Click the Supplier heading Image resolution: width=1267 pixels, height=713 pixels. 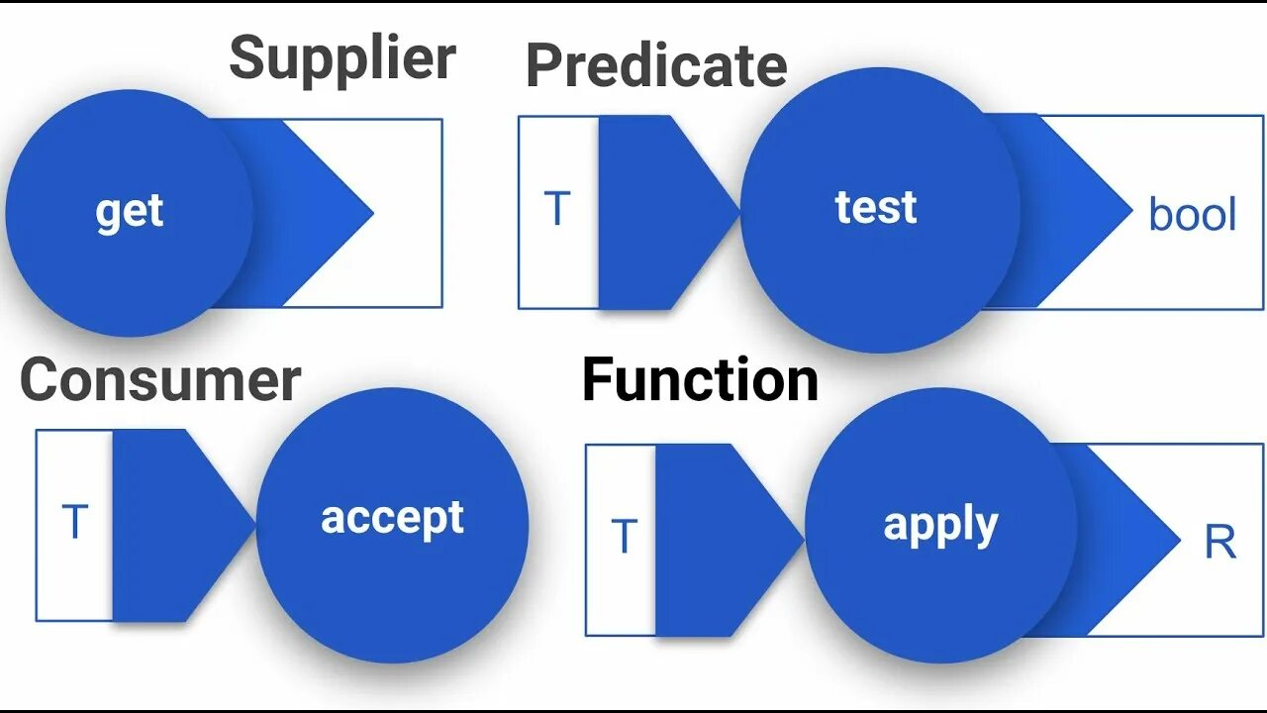point(342,60)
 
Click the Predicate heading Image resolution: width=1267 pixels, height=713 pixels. point(656,65)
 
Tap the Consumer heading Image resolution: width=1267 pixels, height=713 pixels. point(160,380)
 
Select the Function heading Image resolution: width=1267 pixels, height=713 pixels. point(700,380)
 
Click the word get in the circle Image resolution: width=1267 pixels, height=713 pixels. point(130,212)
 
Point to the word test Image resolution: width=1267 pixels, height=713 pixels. point(876,208)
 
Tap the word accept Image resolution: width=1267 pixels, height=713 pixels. point(392,517)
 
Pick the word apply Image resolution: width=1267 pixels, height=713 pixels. point(939,525)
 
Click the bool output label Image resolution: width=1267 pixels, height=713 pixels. point(1192,215)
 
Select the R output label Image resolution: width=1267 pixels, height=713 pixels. point(1219,543)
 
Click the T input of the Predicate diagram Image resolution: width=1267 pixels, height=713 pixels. point(557,210)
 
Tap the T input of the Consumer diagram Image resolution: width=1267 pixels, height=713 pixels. point(75,522)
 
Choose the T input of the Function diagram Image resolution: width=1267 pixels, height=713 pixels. point(624,538)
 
